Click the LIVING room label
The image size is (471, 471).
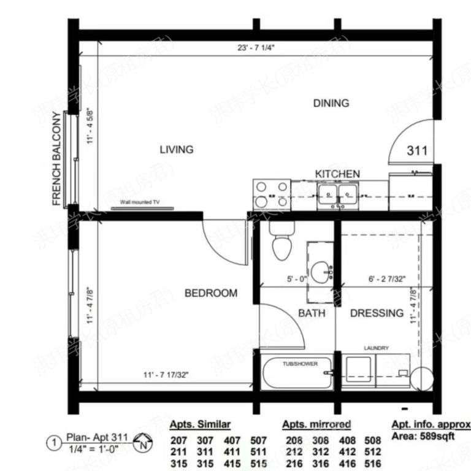pos(177,149)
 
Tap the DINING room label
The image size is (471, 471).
pos(331,103)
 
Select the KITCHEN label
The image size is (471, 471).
pos(337,174)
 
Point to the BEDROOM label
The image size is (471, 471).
pos(211,293)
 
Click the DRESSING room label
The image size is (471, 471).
pos(377,313)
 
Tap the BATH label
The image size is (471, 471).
pos(312,313)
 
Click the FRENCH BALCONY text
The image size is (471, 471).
pos(57,158)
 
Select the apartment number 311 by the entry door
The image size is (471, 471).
pos(416,150)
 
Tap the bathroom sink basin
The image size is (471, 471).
pos(320,271)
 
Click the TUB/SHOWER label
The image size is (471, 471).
pos(300,364)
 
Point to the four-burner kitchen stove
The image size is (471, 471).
pos(272,194)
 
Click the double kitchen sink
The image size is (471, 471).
pos(337,196)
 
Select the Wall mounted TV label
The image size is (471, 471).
pos(139,202)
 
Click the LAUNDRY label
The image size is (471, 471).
pos(376,348)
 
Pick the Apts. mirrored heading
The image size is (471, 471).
pos(316,424)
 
